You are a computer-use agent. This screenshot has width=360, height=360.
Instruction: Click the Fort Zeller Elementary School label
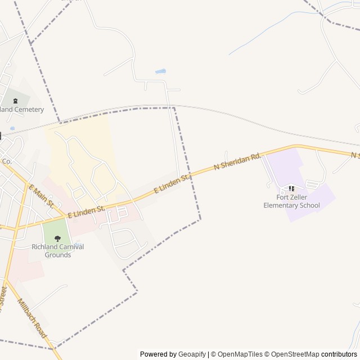tap(291, 201)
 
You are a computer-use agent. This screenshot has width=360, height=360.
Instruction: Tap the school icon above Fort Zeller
tap(291, 188)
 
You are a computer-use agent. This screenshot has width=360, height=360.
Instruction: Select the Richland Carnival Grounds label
tap(58, 251)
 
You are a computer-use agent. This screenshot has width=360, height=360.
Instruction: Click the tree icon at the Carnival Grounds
tap(58, 238)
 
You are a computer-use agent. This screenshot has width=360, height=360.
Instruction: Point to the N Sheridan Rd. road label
tap(238, 161)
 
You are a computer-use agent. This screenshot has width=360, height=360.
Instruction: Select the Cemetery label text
tap(22, 110)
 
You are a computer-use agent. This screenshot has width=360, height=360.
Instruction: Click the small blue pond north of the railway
tap(160, 72)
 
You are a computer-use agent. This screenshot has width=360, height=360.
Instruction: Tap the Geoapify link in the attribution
tap(192, 354)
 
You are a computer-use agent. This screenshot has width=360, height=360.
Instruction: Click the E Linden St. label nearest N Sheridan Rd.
tap(172, 184)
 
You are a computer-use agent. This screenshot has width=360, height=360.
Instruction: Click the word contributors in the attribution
tap(339, 354)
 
